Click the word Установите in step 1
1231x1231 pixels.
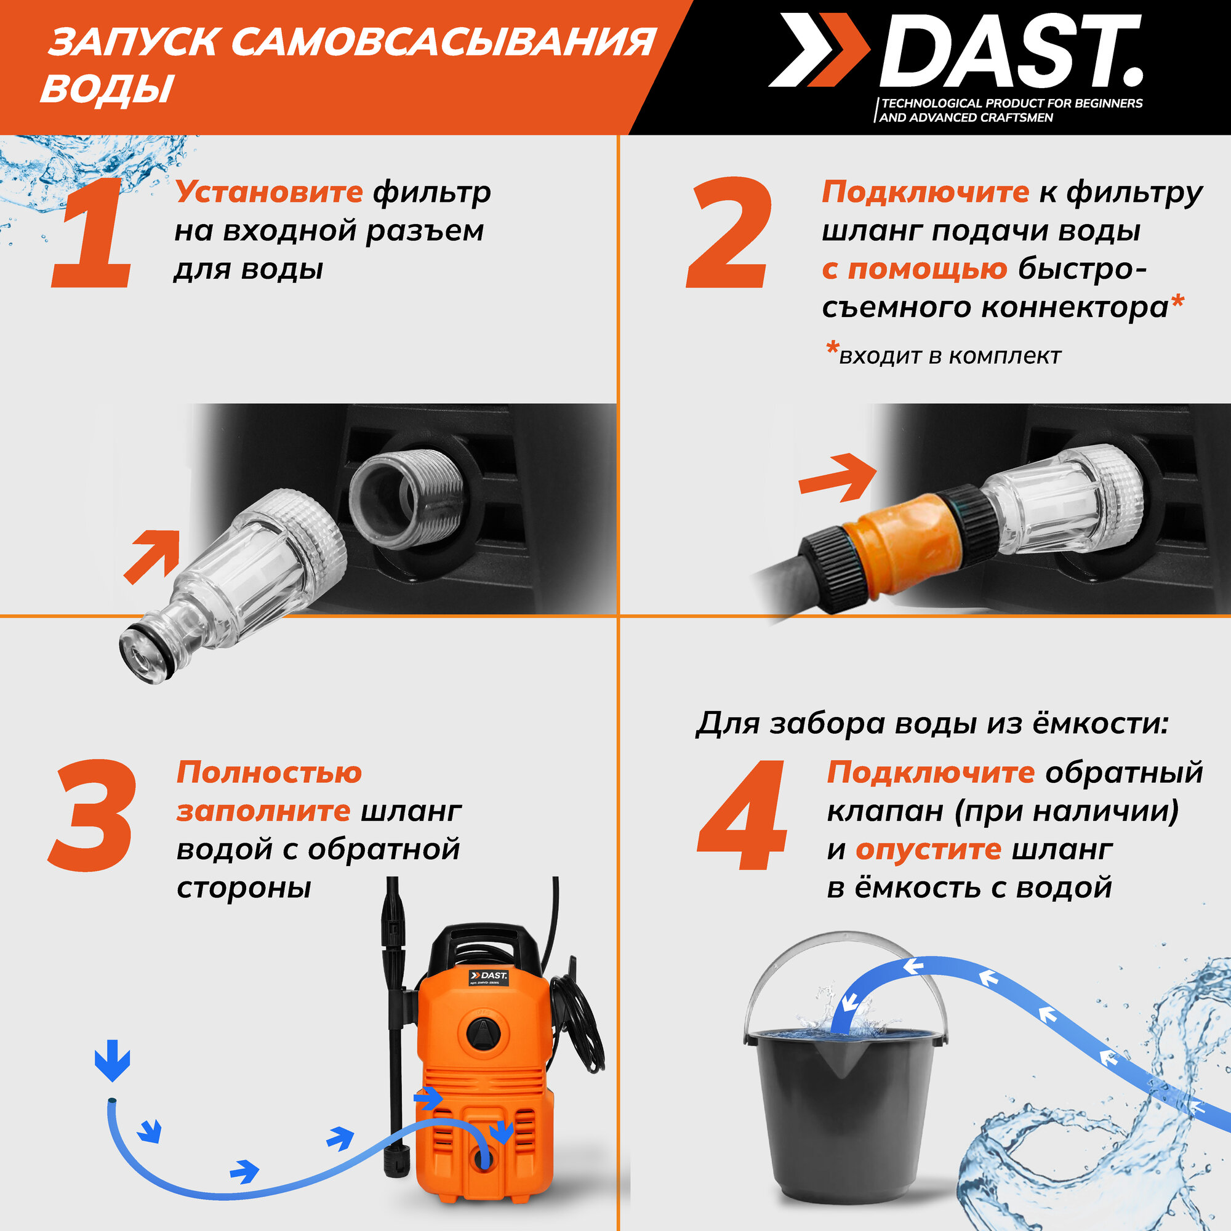point(269,191)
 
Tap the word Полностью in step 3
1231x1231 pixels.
point(269,772)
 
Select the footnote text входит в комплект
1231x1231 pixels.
point(950,356)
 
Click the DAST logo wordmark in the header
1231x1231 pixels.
point(1011,51)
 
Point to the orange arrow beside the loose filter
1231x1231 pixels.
point(151,557)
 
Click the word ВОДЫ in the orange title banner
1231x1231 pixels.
point(107,89)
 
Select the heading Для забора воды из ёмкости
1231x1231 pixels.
point(932,724)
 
